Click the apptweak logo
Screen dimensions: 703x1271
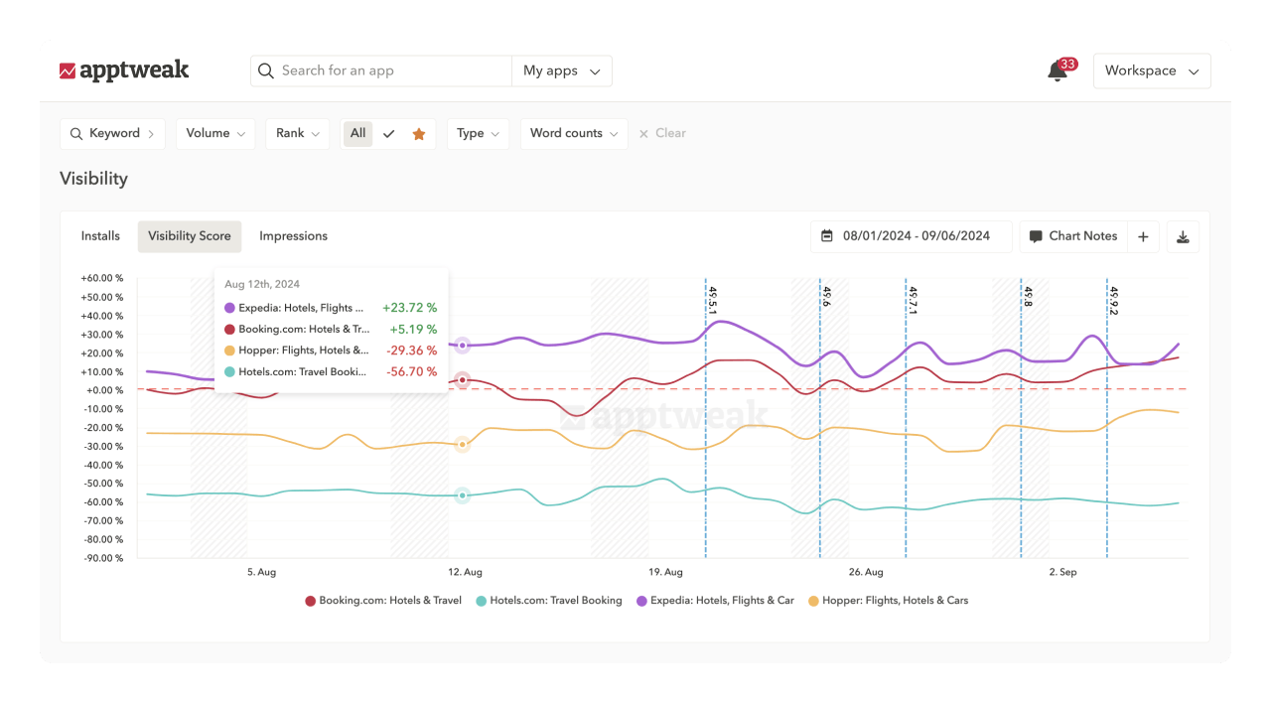click(x=124, y=70)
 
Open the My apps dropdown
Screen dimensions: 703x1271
click(x=562, y=70)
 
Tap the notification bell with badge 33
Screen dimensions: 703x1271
click(x=1058, y=71)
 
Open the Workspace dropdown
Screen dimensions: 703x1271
click(x=1152, y=70)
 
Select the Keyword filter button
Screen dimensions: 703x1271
click(x=112, y=133)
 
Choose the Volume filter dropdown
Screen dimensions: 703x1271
click(x=215, y=133)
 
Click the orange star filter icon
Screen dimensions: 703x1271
click(x=419, y=134)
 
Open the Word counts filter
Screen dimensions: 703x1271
click(x=573, y=133)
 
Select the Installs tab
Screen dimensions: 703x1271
click(x=100, y=236)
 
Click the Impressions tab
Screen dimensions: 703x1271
click(x=293, y=236)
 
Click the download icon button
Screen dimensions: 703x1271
click(x=1183, y=236)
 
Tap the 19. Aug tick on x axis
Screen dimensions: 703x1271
click(x=665, y=572)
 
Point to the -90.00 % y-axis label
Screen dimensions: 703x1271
click(x=102, y=558)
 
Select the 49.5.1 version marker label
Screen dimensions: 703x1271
click(x=712, y=300)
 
